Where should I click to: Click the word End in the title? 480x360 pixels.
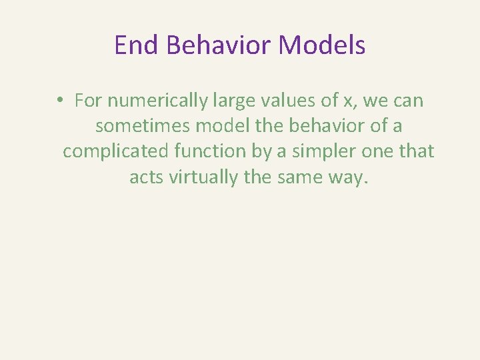[x=136, y=45]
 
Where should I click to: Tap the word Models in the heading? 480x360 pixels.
[x=323, y=45]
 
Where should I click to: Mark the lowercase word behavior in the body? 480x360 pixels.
[x=319, y=126]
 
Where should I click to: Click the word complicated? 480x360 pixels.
[x=117, y=151]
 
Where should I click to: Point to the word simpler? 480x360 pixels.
[x=320, y=151]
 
